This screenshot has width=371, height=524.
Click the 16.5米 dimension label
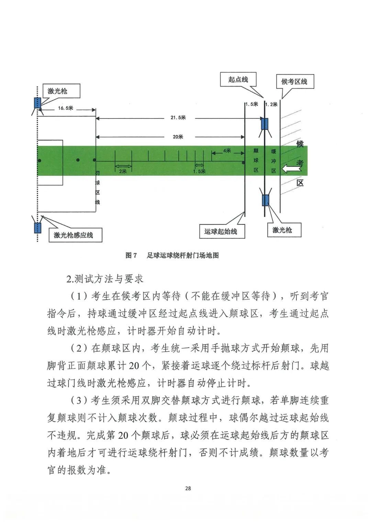65,108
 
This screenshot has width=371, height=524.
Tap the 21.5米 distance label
178,117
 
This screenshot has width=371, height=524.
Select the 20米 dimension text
178,137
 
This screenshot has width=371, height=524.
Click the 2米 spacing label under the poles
123,171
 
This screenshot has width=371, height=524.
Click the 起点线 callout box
238,80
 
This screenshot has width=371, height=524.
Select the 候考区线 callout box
294,81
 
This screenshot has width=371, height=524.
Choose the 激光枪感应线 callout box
74,235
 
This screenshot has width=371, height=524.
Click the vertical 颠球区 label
256,160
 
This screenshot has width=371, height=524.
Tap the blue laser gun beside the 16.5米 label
37,103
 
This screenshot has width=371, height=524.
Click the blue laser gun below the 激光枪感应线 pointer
37,228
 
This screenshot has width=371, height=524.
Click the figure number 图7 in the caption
131,255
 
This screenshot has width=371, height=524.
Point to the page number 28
188,488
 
